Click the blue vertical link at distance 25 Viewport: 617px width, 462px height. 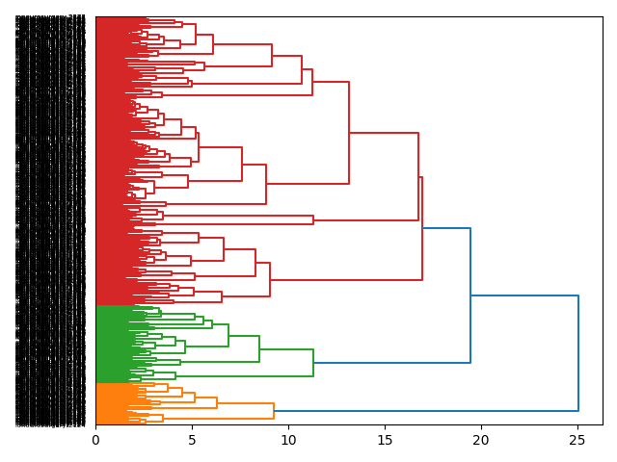[x=578, y=353]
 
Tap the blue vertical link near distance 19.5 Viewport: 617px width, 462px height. [x=470, y=295]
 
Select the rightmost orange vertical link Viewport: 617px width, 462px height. [x=274, y=411]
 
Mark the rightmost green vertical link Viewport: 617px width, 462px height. [x=313, y=363]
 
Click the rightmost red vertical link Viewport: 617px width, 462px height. [x=422, y=228]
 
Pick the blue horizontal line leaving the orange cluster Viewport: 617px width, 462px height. [x=424, y=411]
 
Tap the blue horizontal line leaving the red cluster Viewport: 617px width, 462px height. [x=445, y=228]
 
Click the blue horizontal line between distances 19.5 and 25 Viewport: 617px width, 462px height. [x=524, y=295]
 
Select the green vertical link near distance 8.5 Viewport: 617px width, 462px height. [x=259, y=348]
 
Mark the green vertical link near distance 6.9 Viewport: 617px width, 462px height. [x=228, y=335]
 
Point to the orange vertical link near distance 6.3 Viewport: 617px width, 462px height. [x=217, y=402]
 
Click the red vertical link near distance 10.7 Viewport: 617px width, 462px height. [x=302, y=69]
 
